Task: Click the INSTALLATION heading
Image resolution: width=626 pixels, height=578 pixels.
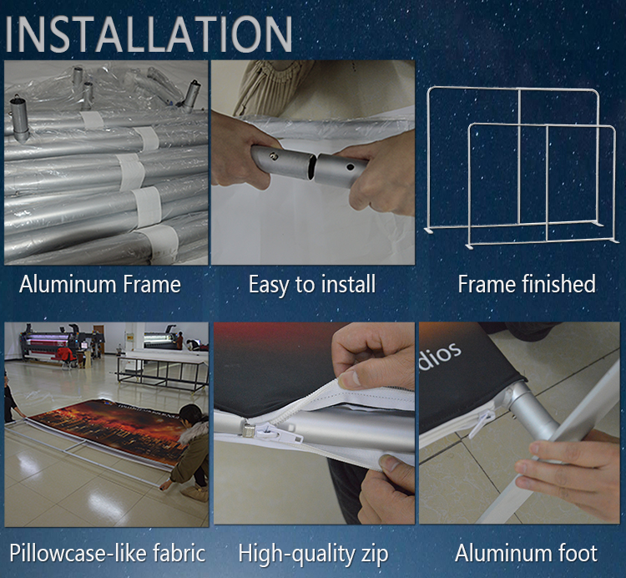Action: click(149, 34)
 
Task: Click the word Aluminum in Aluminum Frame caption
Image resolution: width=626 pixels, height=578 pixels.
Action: click(68, 285)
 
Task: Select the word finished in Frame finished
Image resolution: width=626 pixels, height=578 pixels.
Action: click(558, 284)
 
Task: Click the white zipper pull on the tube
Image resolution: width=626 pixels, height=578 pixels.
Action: click(280, 433)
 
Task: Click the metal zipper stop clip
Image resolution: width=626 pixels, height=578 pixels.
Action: click(249, 430)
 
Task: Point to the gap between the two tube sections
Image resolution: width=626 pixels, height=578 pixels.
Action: click(314, 166)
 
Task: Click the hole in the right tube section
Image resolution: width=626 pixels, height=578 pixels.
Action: click(350, 167)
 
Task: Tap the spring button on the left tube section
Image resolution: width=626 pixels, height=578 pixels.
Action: click(274, 156)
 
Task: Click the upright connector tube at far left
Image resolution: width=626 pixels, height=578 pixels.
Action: click(19, 119)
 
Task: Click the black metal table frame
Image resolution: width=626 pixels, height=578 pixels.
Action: click(163, 373)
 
